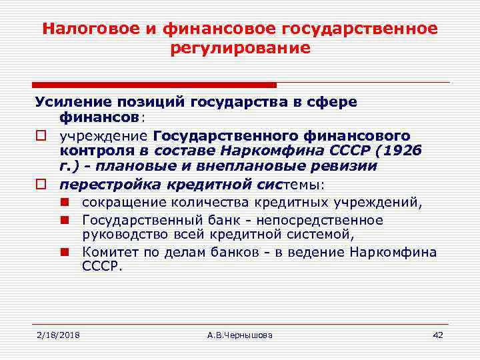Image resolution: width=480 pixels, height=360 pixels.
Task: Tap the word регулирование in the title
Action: click(240, 49)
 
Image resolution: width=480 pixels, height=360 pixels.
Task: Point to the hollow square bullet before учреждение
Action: click(40, 135)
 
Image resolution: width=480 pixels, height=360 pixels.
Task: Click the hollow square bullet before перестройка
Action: click(40, 183)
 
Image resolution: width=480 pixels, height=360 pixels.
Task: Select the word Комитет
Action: click(108, 252)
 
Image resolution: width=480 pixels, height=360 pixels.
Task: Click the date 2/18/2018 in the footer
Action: click(58, 335)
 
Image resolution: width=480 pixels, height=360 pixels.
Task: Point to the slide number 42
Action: click(437, 335)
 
